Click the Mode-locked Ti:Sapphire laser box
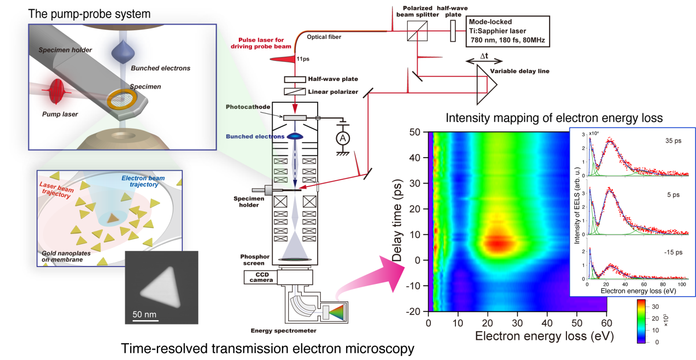tap(507, 31)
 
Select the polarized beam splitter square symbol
tap(417, 31)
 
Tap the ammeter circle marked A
tap(343, 138)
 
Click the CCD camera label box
tap(261, 277)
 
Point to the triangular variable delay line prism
tap(486, 84)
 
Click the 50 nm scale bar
tap(145, 321)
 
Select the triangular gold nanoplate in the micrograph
tap(162, 288)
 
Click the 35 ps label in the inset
tap(673, 141)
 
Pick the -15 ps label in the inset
tap(672, 252)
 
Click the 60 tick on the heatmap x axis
tap(606, 323)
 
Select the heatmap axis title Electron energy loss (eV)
tap(544, 336)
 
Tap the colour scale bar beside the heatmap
tap(641, 321)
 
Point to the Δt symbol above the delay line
tap(484, 56)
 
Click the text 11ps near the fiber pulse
tap(303, 59)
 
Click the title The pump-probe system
tap(89, 14)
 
